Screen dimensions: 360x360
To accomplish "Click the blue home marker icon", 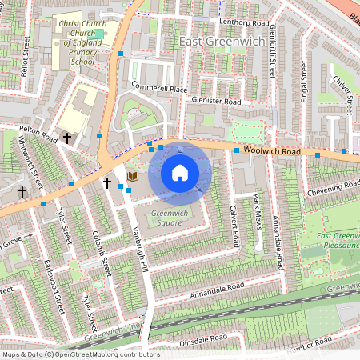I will (x=179, y=172).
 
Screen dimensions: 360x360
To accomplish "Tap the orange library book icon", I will (x=134, y=176).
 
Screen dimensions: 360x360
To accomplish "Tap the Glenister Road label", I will (x=216, y=102).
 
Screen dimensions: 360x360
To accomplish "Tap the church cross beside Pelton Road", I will (x=67, y=138).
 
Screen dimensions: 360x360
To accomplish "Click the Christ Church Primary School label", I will (x=76, y=42).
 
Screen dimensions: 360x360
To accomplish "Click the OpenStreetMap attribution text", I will (x=80, y=354).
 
